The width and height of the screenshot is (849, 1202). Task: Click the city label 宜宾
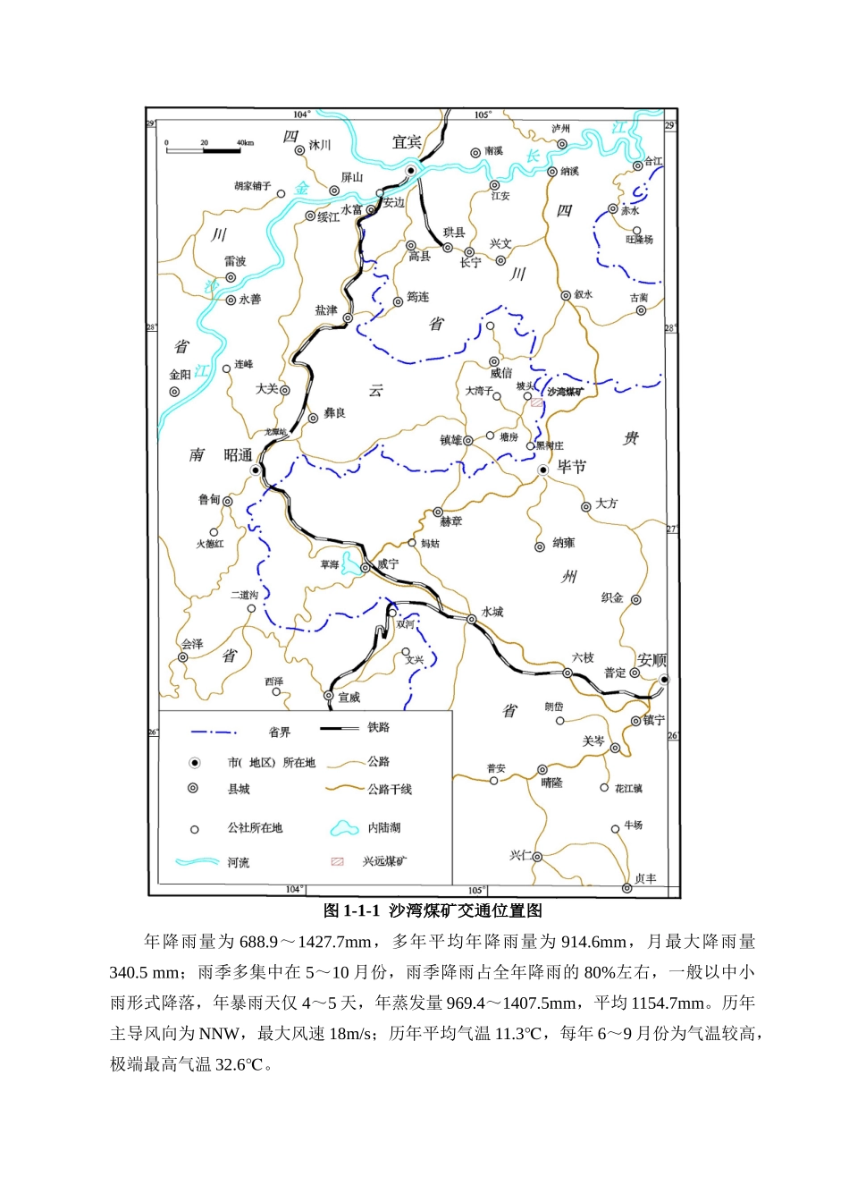pyautogui.click(x=407, y=142)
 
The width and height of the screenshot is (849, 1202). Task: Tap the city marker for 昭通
pyautogui.click(x=256, y=470)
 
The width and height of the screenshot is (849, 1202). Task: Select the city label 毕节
pyautogui.click(x=572, y=467)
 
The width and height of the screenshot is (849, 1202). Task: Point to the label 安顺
pyautogui.click(x=651, y=660)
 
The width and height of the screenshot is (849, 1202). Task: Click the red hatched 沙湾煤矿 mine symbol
pyautogui.click(x=536, y=403)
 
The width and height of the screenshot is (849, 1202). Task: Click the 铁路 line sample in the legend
pyautogui.click(x=339, y=729)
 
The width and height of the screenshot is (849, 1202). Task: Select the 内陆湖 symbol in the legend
pyautogui.click(x=345, y=828)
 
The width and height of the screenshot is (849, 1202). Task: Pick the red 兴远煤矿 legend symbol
pyautogui.click(x=338, y=861)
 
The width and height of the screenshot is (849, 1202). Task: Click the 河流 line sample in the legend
pyautogui.click(x=198, y=862)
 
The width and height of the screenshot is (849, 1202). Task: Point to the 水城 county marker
pyautogui.click(x=472, y=619)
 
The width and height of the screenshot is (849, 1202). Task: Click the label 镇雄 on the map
pyautogui.click(x=451, y=440)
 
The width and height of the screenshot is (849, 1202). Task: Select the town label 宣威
pyautogui.click(x=349, y=698)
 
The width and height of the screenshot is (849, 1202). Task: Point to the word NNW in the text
pyautogui.click(x=219, y=1034)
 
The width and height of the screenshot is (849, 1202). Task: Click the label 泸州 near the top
pyautogui.click(x=560, y=129)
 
